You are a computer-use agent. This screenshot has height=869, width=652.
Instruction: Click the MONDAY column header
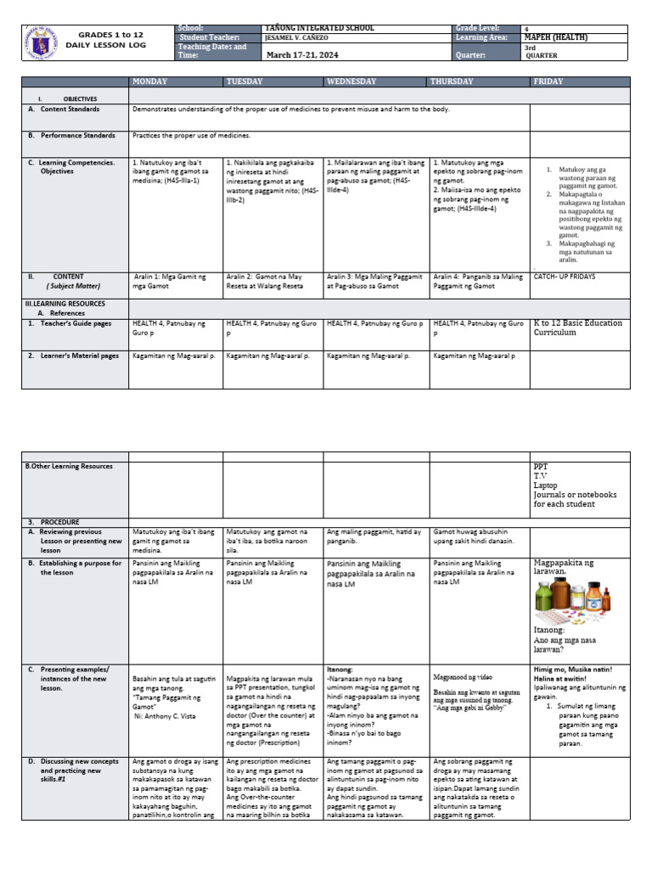150,81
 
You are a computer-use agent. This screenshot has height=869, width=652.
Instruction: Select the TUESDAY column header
246,81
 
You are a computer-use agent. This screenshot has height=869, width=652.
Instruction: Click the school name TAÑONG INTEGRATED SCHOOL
319,28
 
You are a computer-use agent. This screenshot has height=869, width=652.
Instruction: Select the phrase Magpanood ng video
463,678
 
